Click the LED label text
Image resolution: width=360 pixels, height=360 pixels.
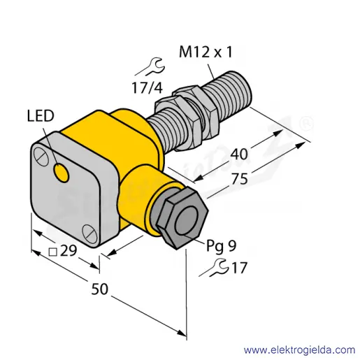(41, 116)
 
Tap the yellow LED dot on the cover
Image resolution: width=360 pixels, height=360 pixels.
(62, 173)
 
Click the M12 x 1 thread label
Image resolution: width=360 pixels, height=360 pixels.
(206, 52)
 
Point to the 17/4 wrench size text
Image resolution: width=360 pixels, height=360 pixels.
(147, 87)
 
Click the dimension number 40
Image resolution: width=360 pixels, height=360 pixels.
(239, 154)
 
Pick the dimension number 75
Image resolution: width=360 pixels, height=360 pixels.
(239, 179)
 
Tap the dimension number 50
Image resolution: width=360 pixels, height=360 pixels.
(100, 289)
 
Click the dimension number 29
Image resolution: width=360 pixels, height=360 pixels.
(69, 251)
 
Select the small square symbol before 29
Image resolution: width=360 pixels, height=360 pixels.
(53, 252)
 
